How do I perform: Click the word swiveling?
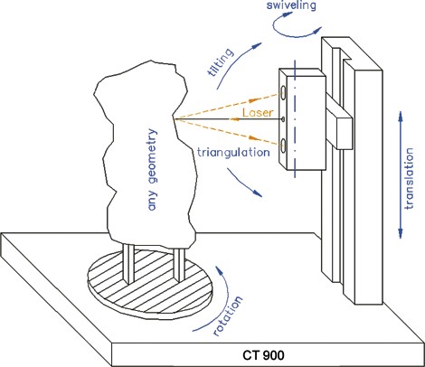291,5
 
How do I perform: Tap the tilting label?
221,62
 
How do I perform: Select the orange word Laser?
258,113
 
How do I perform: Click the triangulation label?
233,152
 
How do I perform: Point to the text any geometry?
153,169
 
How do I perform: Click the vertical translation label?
409,178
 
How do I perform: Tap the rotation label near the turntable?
228,315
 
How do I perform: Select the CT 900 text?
263,355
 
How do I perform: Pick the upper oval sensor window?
284,92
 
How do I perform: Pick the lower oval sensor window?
284,146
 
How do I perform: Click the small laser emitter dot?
283,119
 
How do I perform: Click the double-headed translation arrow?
401,174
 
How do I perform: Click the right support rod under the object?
179,265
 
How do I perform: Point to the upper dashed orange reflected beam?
227,106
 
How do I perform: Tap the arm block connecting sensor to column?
339,126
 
